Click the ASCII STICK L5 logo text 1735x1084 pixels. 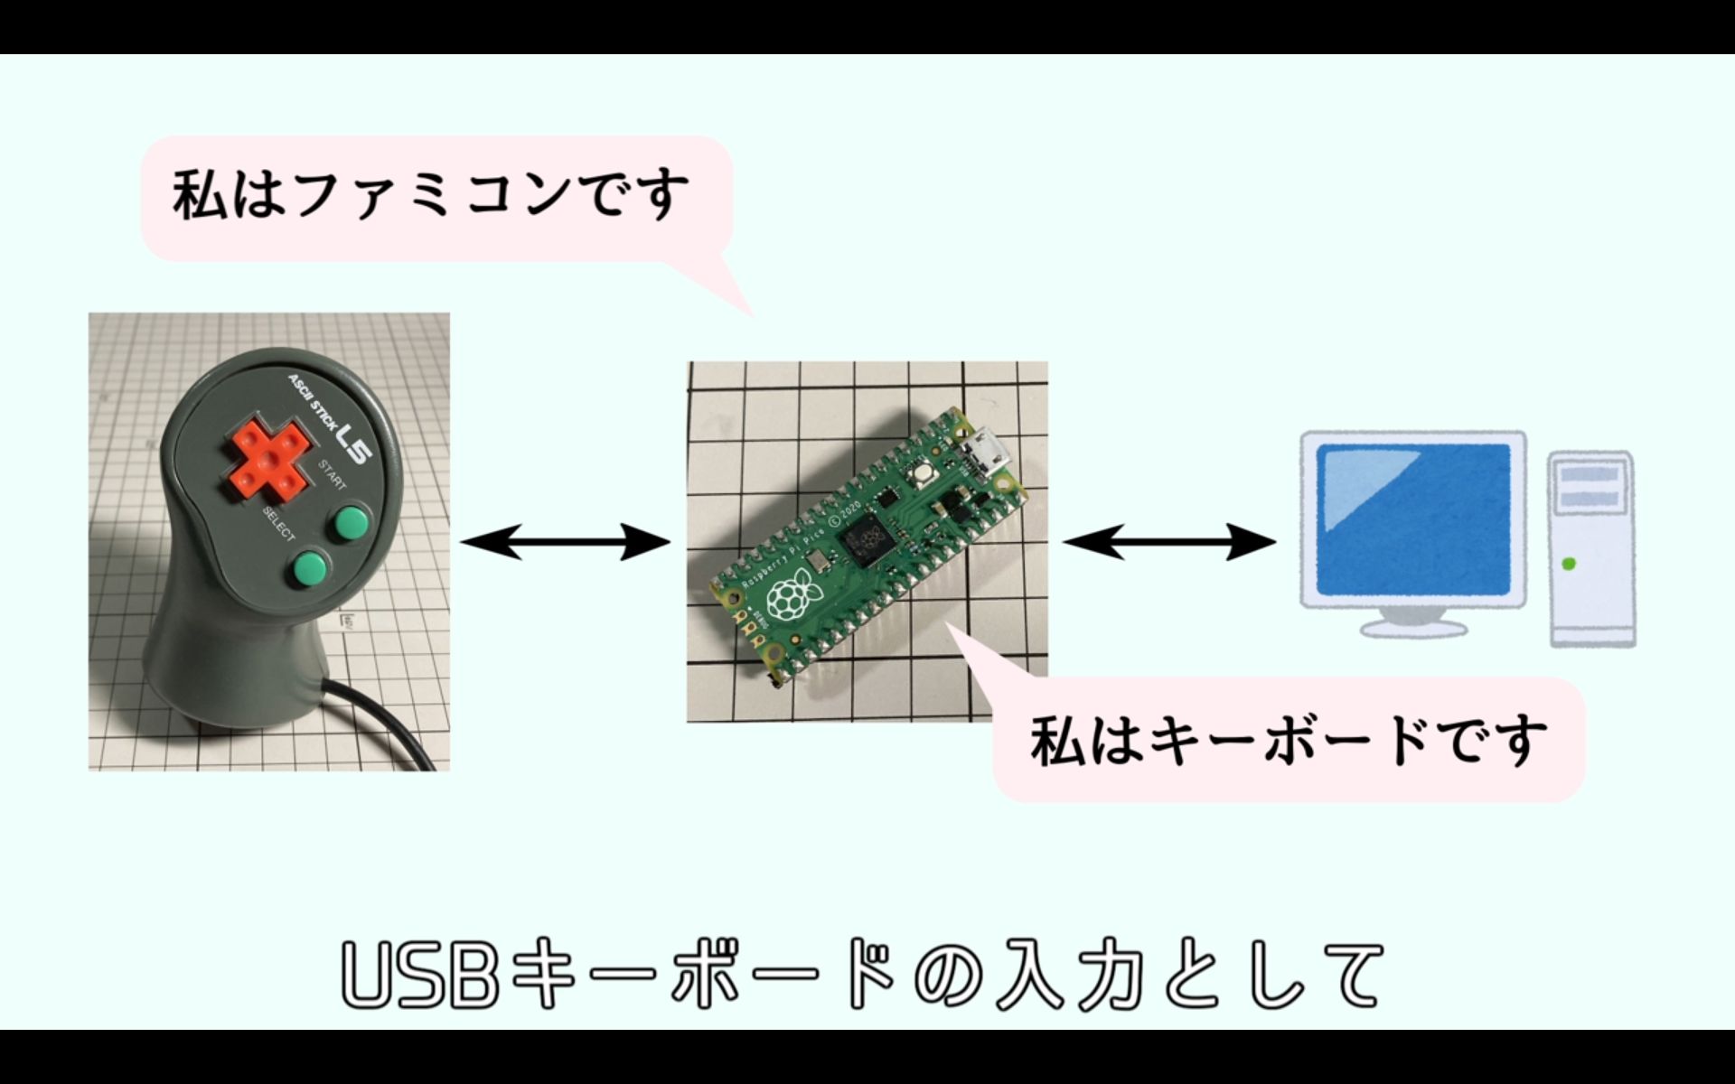330,415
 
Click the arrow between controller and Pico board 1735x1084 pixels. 565,542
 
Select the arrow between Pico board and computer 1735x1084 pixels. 1168,542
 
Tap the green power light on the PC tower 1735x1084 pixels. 1569,564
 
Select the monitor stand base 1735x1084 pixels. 1414,626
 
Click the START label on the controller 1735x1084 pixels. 332,475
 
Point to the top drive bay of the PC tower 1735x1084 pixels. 1590,474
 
